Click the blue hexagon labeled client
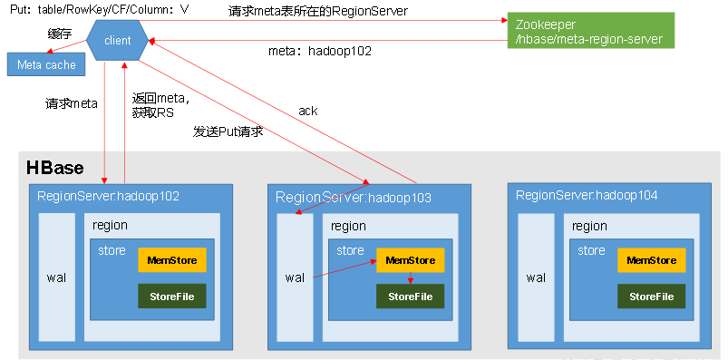coord(118,40)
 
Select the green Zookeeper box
coord(590,31)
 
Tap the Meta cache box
coord(47,65)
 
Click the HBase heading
coord(54,168)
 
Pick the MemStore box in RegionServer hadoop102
coord(172,260)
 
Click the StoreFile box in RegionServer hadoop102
coord(172,297)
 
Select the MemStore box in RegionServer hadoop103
coord(411,260)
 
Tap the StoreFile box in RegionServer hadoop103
coord(411,297)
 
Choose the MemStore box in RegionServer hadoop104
coord(652,260)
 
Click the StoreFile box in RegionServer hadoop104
coord(652,297)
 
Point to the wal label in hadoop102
coord(56,277)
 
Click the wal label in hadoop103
coord(295,277)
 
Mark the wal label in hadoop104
coord(536,277)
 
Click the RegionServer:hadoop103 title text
coord(353,197)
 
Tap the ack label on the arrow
coord(308,111)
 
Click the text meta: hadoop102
coord(320,51)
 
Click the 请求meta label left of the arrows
coord(72,103)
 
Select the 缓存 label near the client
coord(60,34)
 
